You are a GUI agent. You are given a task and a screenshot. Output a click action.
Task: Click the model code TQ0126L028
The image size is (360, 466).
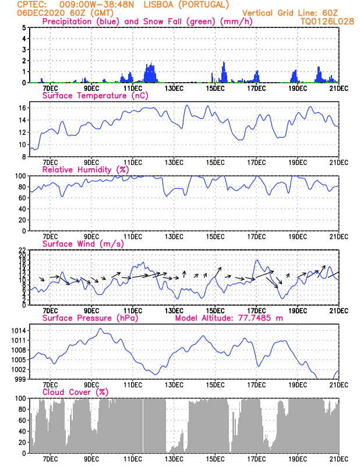coord(327,22)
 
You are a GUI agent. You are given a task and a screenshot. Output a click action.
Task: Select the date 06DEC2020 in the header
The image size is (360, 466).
coord(41,13)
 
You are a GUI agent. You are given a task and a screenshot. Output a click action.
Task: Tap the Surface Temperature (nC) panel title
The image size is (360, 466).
coord(95,96)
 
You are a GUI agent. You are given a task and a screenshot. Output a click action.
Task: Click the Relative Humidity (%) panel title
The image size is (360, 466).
coord(86,170)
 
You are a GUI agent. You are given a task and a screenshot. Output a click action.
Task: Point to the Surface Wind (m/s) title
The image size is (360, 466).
coord(83,244)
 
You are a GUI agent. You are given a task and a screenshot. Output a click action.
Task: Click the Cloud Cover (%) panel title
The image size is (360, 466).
coord(75,392)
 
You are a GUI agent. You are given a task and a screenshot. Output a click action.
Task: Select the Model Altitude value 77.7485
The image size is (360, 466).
coord(255,318)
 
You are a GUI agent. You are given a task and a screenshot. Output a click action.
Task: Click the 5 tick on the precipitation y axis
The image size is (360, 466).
coord(24,27)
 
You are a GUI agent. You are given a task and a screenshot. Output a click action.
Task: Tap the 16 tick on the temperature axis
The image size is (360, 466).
coord(23,108)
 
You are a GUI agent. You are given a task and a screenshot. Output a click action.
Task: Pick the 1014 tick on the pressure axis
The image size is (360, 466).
coord(19,330)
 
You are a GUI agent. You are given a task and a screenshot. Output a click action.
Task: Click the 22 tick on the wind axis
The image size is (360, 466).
coord(23,250)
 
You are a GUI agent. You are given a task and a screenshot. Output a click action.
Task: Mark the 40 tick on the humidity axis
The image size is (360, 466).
coord(23,209)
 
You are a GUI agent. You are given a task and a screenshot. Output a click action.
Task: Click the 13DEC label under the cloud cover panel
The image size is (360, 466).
coord(174,459)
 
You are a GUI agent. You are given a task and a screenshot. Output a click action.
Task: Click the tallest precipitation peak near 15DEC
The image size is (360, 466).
coord(224,62)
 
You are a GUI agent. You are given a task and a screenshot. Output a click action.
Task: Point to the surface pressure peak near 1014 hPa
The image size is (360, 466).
coord(100,329)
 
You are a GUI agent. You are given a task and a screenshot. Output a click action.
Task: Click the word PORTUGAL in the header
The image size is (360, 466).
coord(204,5)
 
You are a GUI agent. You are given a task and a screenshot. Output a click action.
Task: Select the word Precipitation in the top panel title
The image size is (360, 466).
coord(67,22)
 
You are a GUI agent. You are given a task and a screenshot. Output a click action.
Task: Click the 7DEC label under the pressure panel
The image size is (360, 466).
coord(50,385)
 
